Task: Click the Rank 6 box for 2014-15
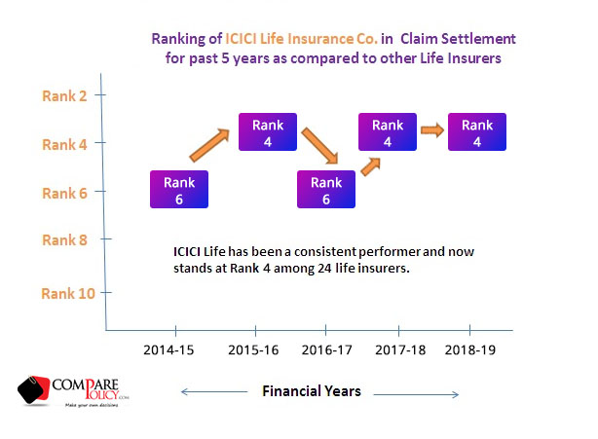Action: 179,190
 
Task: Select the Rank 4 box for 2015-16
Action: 268,131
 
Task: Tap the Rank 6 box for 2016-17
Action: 326,190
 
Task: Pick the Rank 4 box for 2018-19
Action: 477,131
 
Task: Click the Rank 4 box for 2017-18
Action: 388,131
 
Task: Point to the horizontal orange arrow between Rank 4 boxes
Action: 432,130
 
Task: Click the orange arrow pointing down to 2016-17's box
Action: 320,146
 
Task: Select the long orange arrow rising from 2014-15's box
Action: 209,145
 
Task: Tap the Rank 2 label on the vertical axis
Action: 64,96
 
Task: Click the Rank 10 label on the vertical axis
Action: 68,293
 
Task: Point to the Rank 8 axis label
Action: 64,240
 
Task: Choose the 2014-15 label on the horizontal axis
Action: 168,349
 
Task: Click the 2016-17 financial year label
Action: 327,349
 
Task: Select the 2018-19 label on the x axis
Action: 470,349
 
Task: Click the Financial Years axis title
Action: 312,391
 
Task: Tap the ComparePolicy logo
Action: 73,391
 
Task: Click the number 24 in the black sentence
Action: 324,269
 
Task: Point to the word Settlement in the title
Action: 478,39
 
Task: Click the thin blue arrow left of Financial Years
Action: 214,391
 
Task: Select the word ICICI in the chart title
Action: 241,39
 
